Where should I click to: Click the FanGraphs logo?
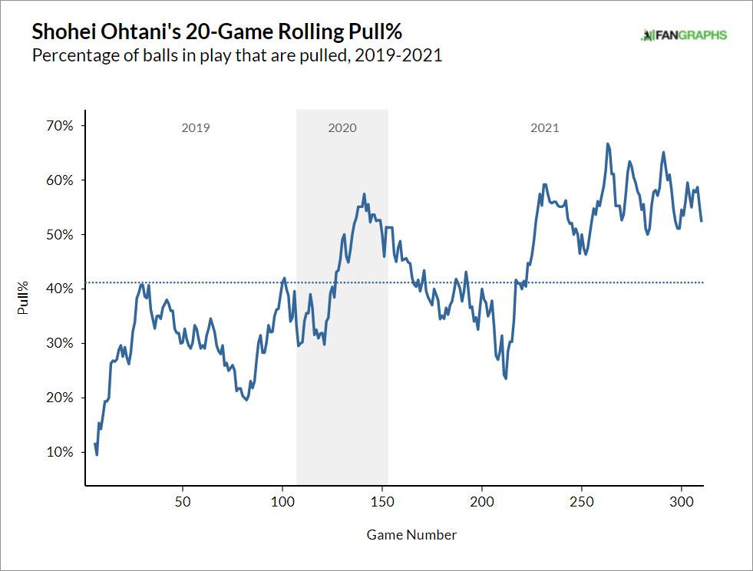click(684, 35)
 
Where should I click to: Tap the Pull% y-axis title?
click(25, 298)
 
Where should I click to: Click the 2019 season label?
click(195, 128)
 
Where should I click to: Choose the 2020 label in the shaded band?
click(342, 128)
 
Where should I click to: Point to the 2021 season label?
click(545, 128)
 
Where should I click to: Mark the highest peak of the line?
click(608, 144)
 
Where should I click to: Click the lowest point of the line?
click(97, 454)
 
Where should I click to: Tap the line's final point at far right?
click(702, 221)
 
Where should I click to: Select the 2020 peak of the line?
click(364, 194)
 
